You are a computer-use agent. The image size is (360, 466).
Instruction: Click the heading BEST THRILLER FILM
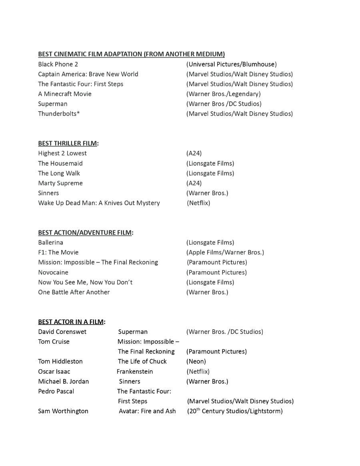(68, 143)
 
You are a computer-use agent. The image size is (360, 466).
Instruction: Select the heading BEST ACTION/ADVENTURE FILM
(85, 232)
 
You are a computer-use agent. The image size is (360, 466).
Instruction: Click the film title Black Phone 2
(58, 64)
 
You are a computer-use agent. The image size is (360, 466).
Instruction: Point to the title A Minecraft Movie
(65, 94)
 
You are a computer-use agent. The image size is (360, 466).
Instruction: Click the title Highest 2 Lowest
(62, 153)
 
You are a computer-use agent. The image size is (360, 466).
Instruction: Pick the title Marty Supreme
(60, 183)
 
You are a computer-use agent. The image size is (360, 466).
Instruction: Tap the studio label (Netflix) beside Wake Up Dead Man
(198, 203)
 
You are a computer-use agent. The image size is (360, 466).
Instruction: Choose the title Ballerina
(50, 242)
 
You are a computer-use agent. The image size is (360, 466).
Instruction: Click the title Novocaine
(53, 272)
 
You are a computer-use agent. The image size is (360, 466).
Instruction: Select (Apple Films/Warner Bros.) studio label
(225, 252)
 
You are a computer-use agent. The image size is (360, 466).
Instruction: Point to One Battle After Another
(74, 292)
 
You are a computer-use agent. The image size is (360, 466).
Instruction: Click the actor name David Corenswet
(62, 332)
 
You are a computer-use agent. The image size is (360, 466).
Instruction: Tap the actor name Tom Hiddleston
(60, 361)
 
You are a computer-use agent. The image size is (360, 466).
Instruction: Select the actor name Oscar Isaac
(54, 371)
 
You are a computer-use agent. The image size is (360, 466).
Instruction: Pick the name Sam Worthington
(63, 411)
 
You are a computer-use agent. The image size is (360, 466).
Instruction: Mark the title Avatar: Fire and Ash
(147, 411)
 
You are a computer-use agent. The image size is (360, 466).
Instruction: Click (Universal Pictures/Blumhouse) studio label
(231, 64)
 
